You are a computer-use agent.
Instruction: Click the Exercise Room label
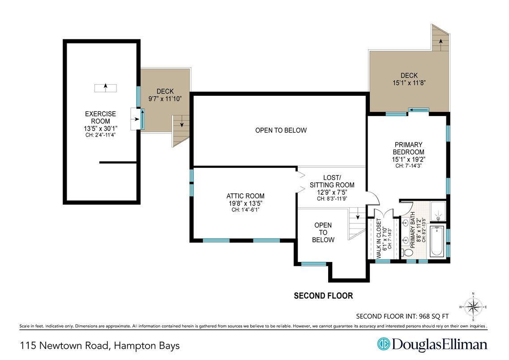tap(100, 117)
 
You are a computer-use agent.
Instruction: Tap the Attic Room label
tap(245, 196)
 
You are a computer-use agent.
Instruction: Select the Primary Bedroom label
tap(408, 148)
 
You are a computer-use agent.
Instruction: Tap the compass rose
tap(473, 306)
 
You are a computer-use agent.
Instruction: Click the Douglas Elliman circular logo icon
tap(383, 344)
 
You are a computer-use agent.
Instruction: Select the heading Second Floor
tap(323, 296)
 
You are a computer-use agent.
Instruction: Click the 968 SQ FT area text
tap(434, 316)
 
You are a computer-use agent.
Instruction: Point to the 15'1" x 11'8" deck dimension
tap(409, 83)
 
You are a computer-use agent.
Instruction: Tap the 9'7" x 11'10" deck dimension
tap(165, 99)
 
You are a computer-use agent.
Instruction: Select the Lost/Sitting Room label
tap(332, 181)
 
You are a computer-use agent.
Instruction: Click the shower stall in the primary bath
tap(438, 211)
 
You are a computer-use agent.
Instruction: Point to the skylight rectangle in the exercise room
tap(106, 88)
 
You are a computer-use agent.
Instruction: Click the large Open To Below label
tap(281, 130)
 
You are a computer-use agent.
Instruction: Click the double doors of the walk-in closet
tap(384, 213)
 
